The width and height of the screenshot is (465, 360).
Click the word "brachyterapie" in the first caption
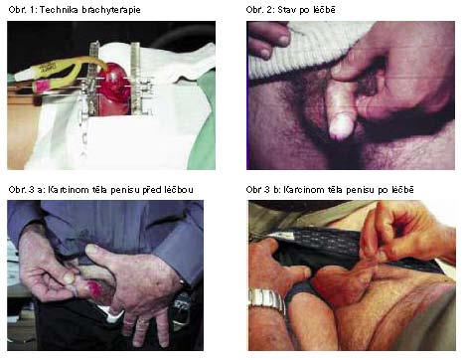coord(111,10)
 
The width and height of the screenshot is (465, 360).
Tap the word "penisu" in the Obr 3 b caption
coord(363,190)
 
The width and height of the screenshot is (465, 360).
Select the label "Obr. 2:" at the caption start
coord(260,9)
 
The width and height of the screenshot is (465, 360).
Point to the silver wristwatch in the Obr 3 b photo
coord(267,300)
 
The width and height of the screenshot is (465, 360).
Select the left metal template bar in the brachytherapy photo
coord(93,80)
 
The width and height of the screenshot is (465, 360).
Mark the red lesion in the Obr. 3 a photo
coord(95,285)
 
